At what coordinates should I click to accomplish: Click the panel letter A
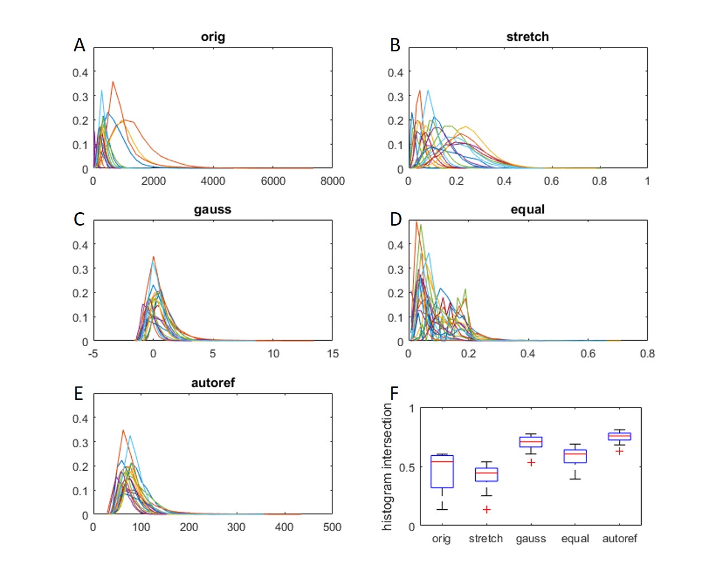(79, 45)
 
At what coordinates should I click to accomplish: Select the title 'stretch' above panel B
(527, 37)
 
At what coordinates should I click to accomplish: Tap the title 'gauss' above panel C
(212, 209)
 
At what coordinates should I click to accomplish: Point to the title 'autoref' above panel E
(213, 383)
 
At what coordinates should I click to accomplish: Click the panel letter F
(394, 393)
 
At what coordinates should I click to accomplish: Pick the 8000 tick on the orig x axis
(332, 181)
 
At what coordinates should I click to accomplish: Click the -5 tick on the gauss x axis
(93, 354)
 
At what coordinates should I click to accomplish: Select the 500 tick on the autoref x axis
(332, 527)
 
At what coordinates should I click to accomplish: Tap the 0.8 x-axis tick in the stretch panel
(599, 181)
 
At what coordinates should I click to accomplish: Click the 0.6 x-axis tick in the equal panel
(588, 354)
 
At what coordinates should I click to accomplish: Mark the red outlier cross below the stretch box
(486, 509)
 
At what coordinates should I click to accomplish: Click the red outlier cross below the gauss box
(531, 462)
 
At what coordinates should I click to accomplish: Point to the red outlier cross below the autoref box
(619, 451)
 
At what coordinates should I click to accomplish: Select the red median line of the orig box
(442, 461)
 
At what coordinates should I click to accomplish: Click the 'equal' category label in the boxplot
(575, 539)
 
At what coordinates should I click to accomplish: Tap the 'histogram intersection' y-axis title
(387, 467)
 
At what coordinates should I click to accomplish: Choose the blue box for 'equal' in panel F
(575, 456)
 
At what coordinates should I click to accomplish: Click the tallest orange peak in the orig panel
(113, 82)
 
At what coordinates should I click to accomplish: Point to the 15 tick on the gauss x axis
(332, 354)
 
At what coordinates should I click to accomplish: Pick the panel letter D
(395, 219)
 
